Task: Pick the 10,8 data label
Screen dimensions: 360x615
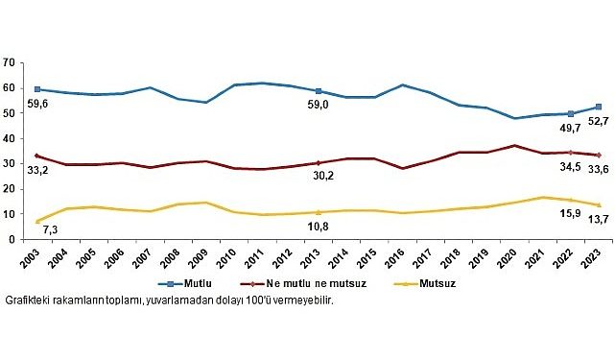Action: [x=319, y=227]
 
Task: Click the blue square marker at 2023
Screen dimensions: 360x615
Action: [x=600, y=107]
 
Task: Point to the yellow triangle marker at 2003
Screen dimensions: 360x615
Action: [x=35, y=222]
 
